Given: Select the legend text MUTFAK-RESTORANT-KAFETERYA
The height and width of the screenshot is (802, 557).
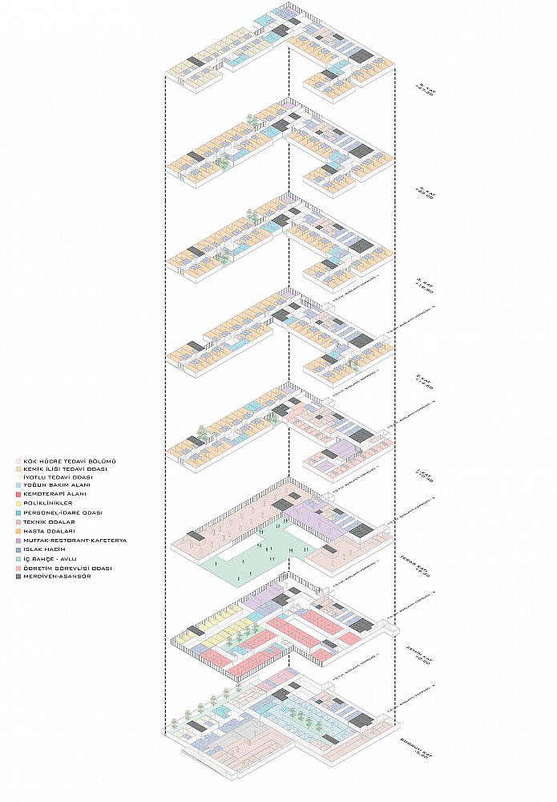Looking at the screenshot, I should pos(75,541).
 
